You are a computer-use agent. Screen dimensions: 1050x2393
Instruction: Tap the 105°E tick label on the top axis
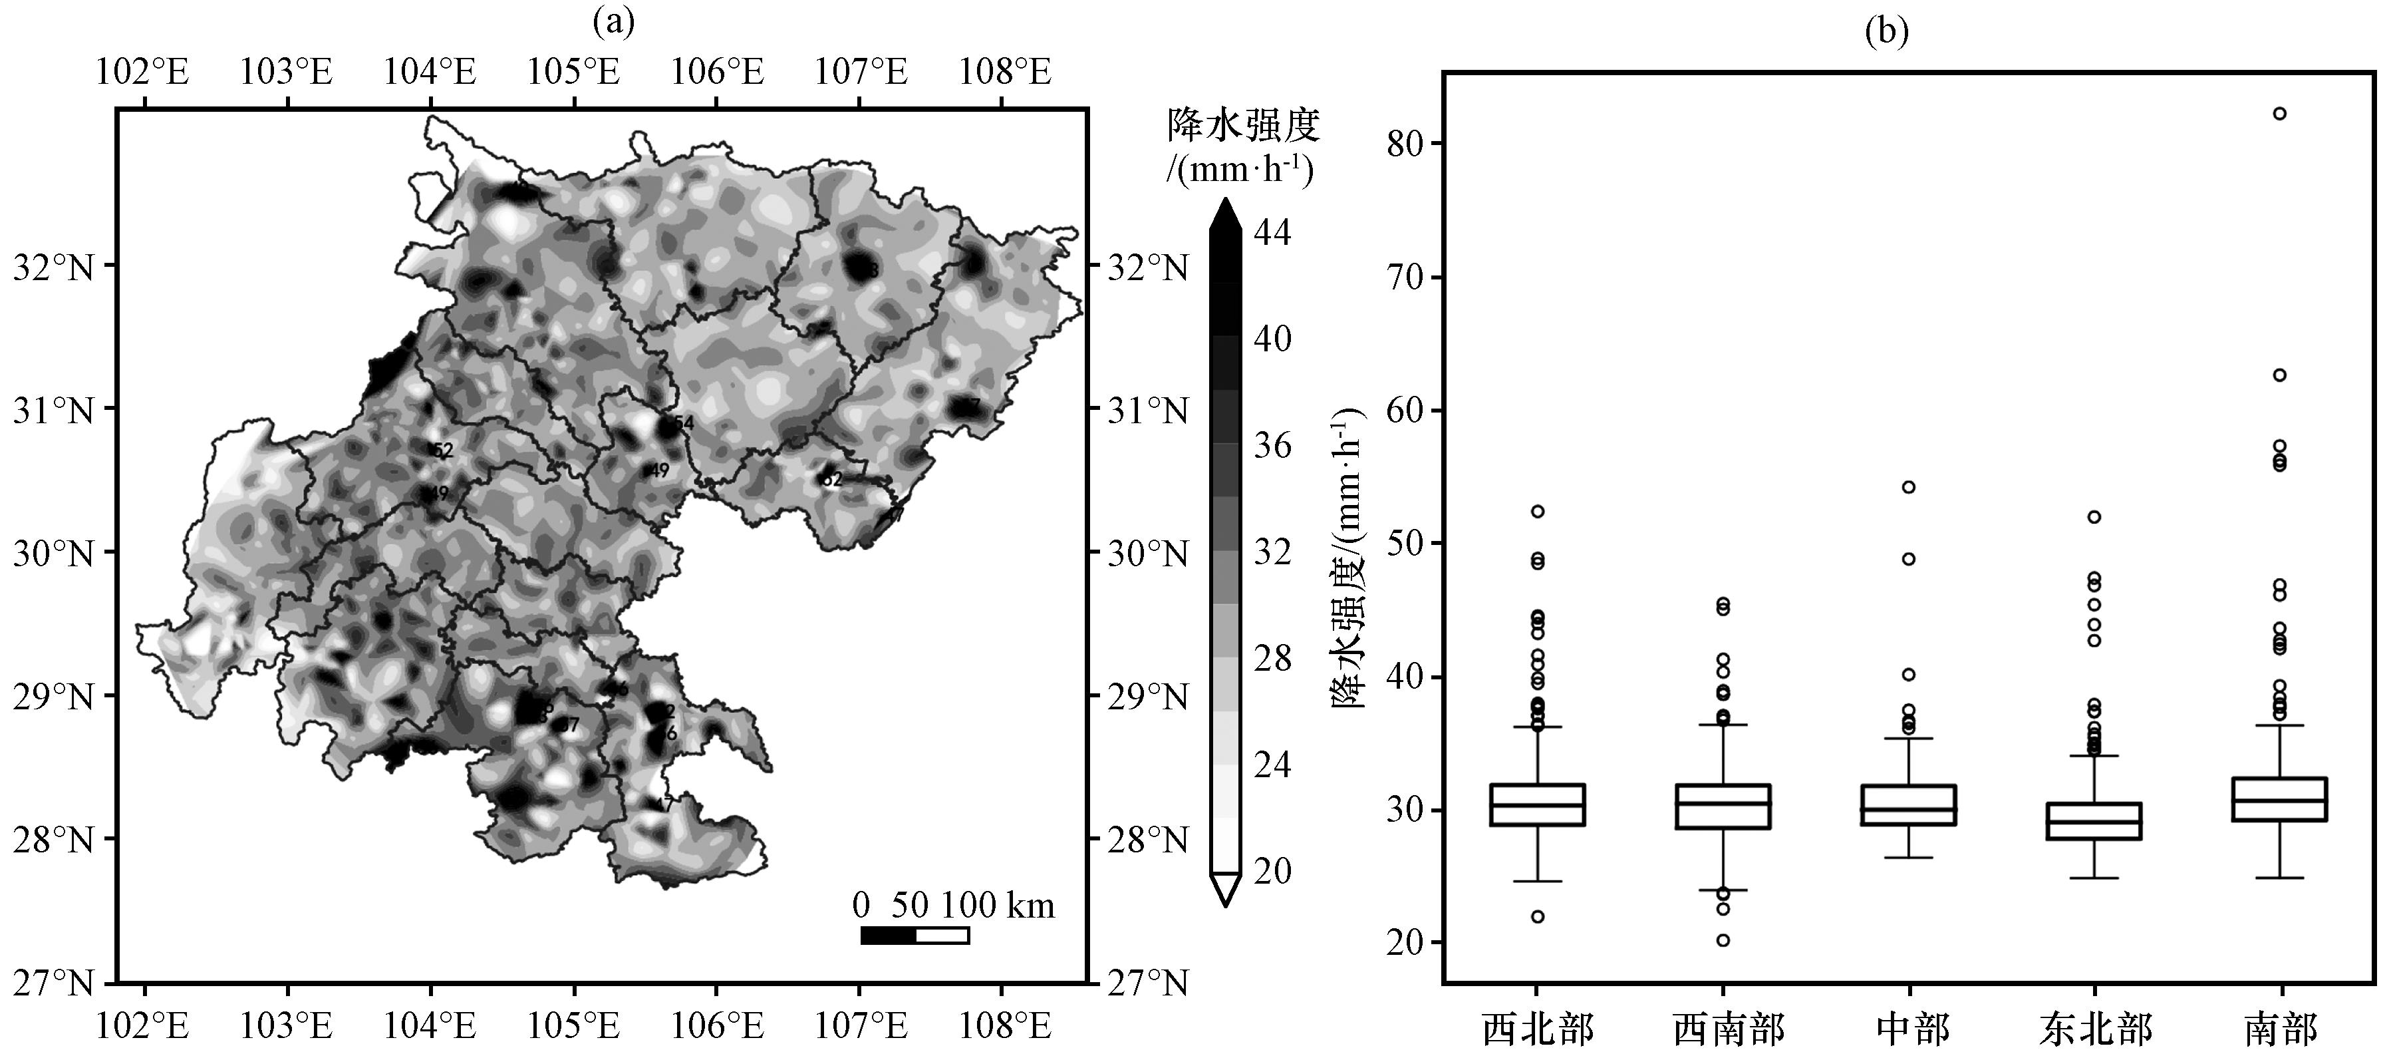click(x=574, y=71)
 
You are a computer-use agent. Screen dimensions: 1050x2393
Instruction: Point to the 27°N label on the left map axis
click(x=53, y=982)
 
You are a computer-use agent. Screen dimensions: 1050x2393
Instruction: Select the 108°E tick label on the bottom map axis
click(x=1005, y=1027)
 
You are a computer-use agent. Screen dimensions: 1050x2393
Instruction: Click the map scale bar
click(x=915, y=935)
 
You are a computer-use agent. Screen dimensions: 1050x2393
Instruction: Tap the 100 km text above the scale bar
click(x=998, y=905)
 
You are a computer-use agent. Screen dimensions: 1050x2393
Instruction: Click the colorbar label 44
click(x=1273, y=232)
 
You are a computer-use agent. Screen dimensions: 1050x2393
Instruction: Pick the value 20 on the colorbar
click(x=1273, y=872)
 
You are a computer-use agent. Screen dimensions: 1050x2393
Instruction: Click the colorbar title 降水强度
click(x=1243, y=124)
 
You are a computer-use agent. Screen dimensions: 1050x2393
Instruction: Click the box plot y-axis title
click(x=1349, y=558)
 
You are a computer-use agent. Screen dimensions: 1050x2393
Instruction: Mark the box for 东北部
click(x=2095, y=821)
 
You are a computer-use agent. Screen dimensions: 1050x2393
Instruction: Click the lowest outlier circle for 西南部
click(x=1723, y=940)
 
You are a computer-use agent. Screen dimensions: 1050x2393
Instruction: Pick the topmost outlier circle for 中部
click(x=1909, y=487)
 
